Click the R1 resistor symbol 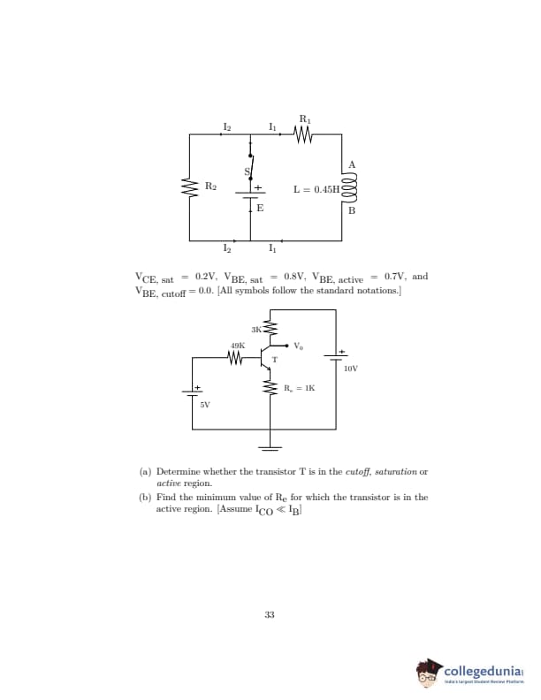click(304, 135)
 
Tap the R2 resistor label click(210, 186)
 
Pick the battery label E click(260, 208)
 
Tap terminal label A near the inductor click(352, 165)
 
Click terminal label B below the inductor click(352, 211)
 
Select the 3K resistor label click(256, 330)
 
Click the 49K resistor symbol click(236, 358)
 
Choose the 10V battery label click(351, 368)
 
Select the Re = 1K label click(299, 387)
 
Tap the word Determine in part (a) click(180, 472)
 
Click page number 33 click(270, 614)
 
